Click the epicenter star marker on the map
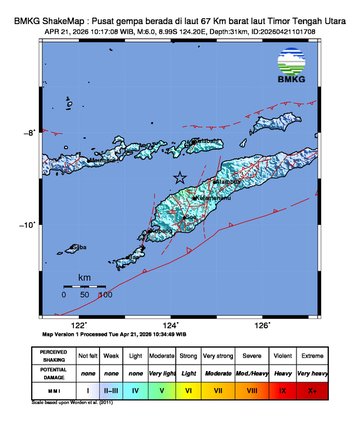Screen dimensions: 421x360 [180, 178]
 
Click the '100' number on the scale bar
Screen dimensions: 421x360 [104, 295]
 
